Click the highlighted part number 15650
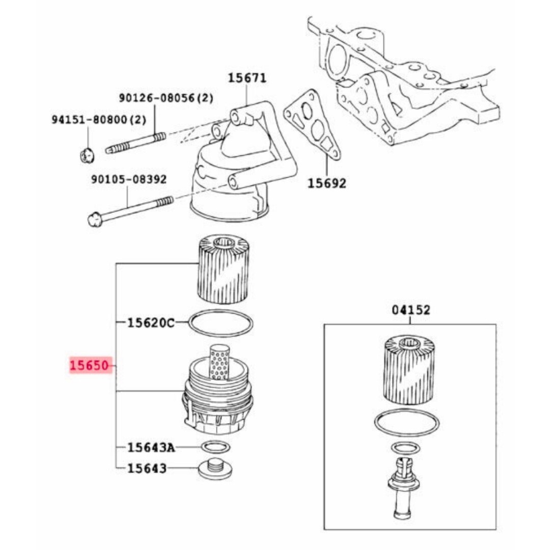click(90, 365)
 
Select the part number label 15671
click(246, 78)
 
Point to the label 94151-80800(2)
click(98, 120)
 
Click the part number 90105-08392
click(129, 179)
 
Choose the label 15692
click(326, 183)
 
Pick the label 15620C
click(150, 322)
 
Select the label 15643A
click(150, 448)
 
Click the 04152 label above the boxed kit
click(410, 310)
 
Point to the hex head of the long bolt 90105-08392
click(94, 220)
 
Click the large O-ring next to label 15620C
click(221, 323)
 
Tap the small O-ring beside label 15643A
click(215, 448)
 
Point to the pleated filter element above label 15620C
click(223, 269)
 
